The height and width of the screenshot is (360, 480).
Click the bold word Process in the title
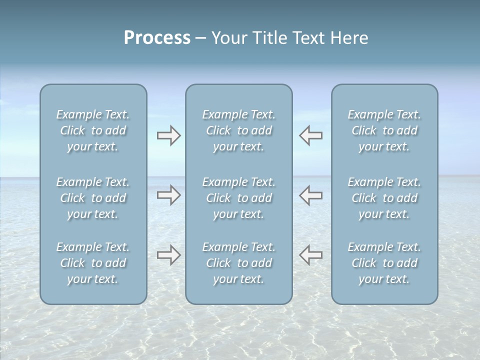coord(157,38)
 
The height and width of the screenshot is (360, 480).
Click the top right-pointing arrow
coord(168,135)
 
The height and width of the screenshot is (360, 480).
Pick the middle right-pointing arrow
coord(168,194)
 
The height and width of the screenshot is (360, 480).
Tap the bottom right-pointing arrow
coord(168,254)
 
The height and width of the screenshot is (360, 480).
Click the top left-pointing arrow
coord(311,135)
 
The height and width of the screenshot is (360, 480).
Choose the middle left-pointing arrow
coord(311,194)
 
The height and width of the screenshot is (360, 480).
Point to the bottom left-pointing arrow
coord(311,254)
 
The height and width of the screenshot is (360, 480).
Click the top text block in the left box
coord(93,130)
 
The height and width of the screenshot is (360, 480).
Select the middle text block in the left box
coord(93,198)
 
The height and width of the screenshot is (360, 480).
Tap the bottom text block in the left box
coord(93,263)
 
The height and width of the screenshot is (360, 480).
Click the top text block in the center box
coord(239,130)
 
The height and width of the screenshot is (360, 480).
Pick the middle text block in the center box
coord(239,198)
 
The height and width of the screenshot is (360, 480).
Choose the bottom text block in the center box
coord(239,263)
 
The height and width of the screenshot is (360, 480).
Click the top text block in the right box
coord(384,130)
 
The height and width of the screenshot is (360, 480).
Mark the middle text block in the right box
coord(384,198)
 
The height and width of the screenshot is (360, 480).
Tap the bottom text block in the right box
coord(384,263)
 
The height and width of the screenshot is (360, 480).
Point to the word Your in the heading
coord(228,38)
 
